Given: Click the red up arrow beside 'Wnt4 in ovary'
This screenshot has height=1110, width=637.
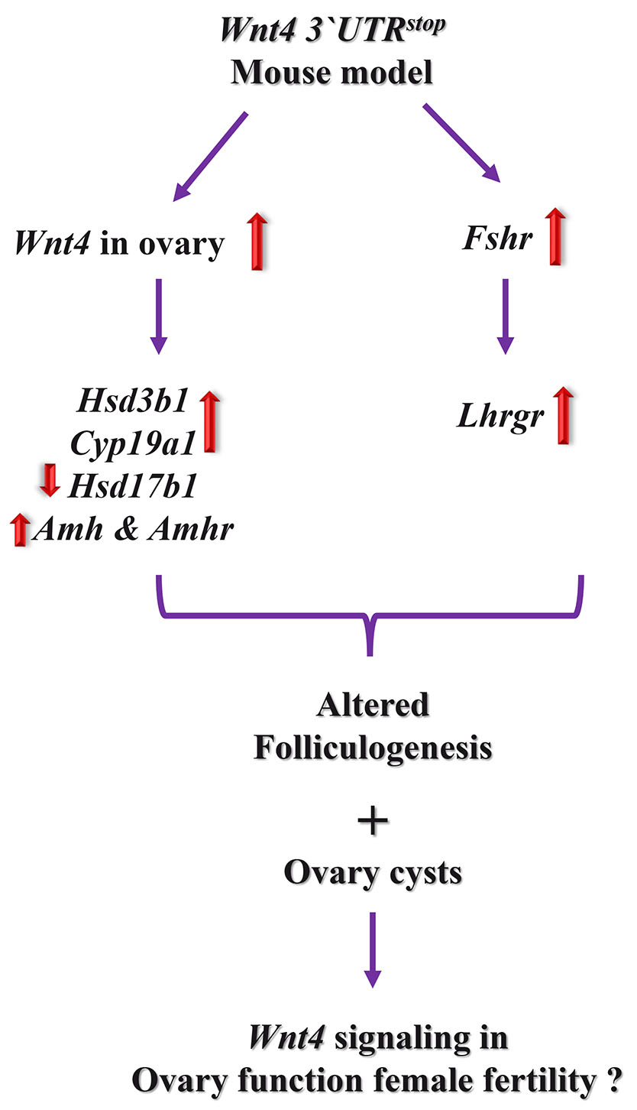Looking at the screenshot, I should coord(258,242).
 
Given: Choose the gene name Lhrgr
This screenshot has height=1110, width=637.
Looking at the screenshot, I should coord(495,417).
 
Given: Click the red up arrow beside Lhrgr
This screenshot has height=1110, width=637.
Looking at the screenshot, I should coord(563,415).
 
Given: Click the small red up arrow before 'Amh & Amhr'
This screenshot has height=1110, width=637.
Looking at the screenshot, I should coord(21,529).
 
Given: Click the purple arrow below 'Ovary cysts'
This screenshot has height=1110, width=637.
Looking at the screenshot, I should coord(372,946).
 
